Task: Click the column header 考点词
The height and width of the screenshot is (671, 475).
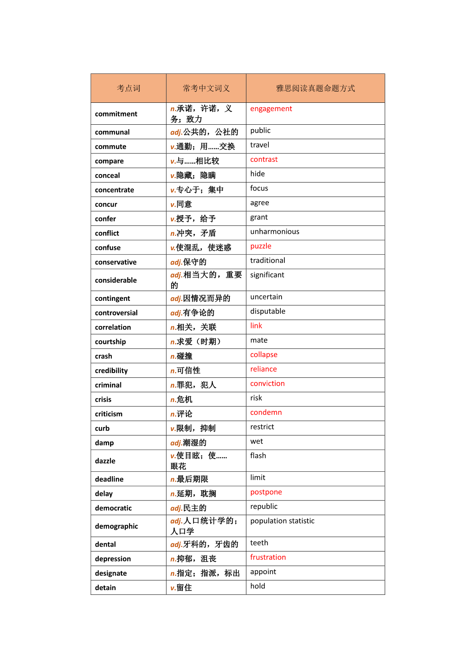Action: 128,88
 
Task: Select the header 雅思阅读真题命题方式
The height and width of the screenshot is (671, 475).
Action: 315,88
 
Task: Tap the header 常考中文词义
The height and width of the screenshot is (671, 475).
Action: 206,88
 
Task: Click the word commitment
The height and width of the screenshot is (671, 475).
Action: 116,114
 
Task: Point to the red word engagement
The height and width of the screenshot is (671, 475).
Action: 271,109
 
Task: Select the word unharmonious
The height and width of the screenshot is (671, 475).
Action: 274,232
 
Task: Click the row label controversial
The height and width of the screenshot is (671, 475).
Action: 116,313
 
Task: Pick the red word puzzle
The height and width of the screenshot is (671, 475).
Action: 260,246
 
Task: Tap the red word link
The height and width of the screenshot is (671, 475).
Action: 256,326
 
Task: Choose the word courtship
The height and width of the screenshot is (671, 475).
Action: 110,341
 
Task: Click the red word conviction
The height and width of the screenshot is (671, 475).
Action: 267,383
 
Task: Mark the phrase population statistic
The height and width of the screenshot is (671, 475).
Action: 282,521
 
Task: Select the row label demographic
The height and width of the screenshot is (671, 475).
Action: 116,526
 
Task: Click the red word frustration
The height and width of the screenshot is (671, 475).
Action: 268,557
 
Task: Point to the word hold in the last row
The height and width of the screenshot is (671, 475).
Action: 258,586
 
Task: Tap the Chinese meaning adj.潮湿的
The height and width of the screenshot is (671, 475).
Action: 188,443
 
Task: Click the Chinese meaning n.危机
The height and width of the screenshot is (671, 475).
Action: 181,399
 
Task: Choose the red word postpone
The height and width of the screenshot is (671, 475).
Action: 266,492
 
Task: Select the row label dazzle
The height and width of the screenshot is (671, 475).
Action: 105,461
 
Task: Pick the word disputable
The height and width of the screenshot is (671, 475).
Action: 268,311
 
